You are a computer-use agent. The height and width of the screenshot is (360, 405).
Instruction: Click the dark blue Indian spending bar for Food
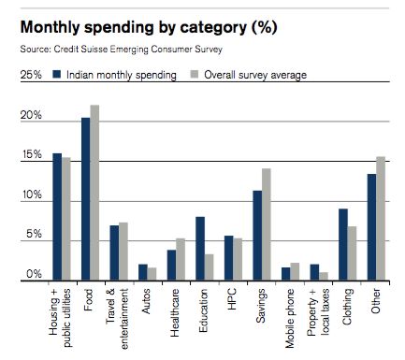point(86,199)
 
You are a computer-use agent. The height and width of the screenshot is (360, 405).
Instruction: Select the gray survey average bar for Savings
point(267,224)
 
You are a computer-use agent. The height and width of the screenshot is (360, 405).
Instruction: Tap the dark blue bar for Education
point(200,249)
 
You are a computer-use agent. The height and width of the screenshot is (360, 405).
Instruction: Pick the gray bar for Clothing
point(352,253)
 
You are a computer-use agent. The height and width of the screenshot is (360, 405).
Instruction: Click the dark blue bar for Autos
point(143,272)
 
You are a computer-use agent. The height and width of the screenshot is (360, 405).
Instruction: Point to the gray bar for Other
point(381,219)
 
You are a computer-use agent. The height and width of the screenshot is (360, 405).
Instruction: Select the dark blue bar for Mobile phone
point(286,274)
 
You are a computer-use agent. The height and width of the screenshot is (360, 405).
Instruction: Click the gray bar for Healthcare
point(181,260)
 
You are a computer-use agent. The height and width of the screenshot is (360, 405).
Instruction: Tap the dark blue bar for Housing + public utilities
point(57,217)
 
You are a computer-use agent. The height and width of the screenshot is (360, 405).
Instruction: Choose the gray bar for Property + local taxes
point(324,277)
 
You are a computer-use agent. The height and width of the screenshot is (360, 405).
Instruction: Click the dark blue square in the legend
point(57,75)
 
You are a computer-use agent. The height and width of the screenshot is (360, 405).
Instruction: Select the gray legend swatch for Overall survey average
point(195,75)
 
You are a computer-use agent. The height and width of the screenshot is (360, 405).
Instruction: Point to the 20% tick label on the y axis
point(31,115)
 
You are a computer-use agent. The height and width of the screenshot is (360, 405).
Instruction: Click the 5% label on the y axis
point(34,234)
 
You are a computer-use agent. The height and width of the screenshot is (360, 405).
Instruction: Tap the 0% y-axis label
point(34,274)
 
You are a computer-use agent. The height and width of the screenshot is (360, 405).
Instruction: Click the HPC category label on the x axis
point(232,299)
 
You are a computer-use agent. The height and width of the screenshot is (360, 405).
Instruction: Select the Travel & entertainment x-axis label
point(117,319)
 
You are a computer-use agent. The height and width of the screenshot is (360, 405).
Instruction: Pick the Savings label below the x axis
point(261,306)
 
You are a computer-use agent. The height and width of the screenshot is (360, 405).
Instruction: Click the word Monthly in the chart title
point(51,27)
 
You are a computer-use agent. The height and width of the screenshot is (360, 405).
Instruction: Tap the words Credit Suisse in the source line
point(80,50)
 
